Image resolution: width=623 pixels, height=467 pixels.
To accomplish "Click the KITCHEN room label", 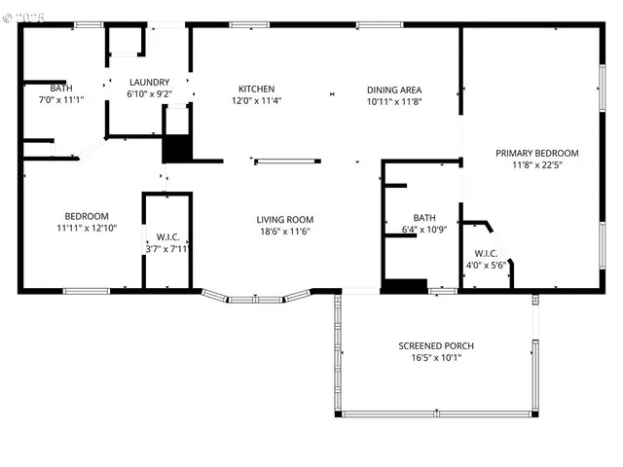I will [252, 89].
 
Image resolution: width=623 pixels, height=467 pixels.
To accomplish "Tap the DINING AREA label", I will [394, 90].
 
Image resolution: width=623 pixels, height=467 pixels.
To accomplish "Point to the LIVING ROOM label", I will [284, 219].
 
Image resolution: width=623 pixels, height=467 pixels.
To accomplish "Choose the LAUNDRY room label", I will [149, 83].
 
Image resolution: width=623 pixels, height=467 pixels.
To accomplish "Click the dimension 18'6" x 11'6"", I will [284, 231].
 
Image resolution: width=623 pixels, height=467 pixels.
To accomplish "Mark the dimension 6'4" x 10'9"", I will [423, 230].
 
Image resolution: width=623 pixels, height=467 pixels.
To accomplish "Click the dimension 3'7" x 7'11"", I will [166, 249].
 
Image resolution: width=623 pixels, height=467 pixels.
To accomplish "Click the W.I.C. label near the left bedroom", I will [166, 237].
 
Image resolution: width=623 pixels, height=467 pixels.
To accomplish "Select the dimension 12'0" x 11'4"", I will [252, 100].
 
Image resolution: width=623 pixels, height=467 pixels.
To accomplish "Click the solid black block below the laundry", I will [177, 149].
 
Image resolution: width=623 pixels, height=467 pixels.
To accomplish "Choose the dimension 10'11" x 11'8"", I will [394, 101].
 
